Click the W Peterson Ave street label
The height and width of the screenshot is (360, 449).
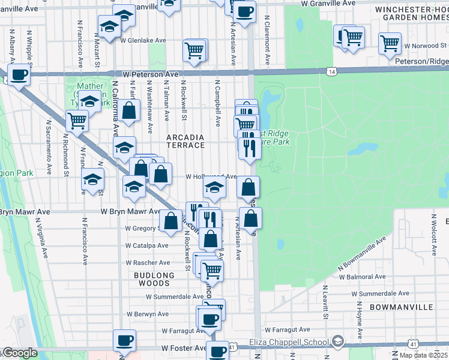150,74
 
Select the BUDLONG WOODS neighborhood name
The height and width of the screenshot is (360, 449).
154,280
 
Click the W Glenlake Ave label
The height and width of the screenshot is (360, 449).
143,41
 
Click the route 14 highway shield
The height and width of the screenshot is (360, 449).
331,71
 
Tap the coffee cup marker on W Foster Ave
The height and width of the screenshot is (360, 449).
124,341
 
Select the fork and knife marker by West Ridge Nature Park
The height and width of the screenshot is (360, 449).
250,147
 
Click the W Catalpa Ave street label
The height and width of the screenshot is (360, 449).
147,245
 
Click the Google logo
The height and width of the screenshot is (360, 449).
19,353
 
